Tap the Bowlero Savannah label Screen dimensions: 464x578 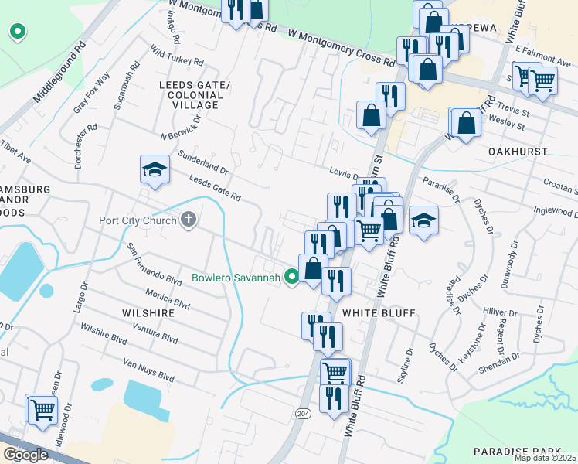click(235, 277)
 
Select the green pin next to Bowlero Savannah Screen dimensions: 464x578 click(291, 276)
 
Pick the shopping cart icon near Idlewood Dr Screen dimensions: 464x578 click(42, 410)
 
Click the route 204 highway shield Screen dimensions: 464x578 click(303, 414)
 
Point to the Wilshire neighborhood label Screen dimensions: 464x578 click(144, 312)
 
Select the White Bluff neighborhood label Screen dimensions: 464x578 click(379, 312)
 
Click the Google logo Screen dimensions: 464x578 click(25, 455)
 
